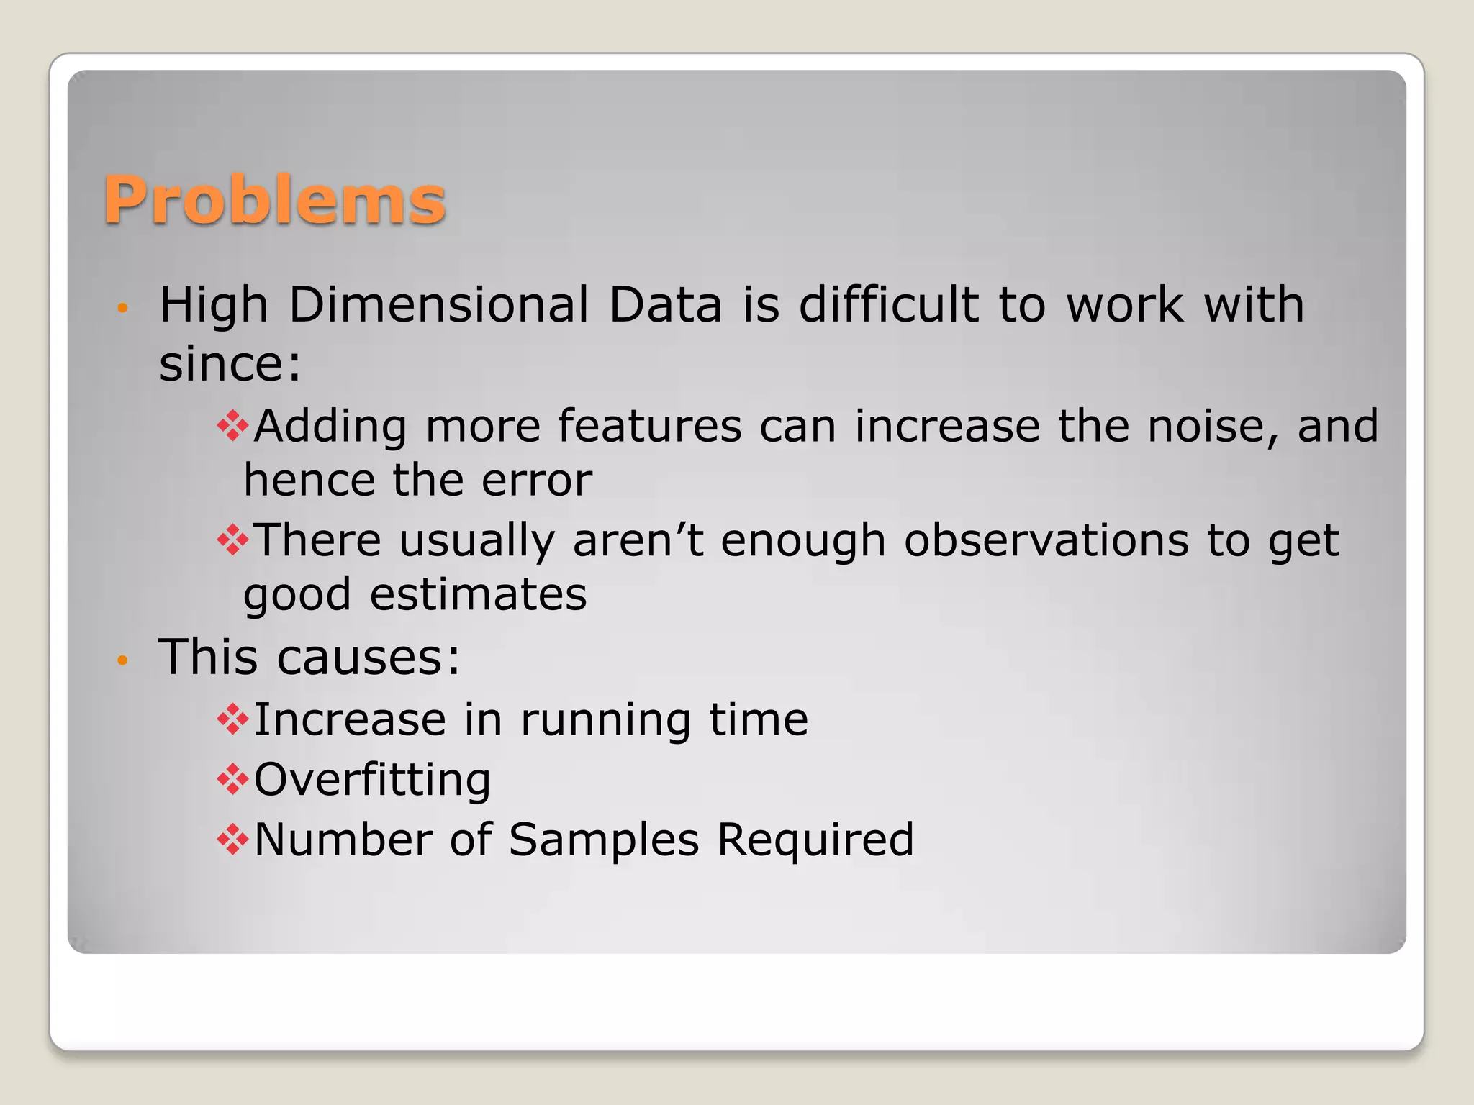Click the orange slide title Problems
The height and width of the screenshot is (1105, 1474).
click(x=275, y=200)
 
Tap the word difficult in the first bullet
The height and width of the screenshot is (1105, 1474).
click(x=889, y=304)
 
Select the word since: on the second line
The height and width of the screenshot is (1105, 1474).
click(x=230, y=363)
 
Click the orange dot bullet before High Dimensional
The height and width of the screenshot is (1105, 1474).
click(x=122, y=309)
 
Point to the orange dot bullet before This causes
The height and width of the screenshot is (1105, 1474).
click(x=122, y=660)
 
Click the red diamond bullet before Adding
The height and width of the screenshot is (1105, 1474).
click(x=232, y=426)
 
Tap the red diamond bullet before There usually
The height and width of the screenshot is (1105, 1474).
click(x=232, y=540)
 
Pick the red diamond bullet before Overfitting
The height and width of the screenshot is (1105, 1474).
click(x=232, y=780)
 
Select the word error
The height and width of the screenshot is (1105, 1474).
click(x=537, y=480)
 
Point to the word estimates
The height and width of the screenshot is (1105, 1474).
click(x=478, y=594)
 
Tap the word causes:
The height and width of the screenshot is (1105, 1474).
click(x=368, y=657)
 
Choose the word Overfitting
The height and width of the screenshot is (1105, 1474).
click(x=372, y=780)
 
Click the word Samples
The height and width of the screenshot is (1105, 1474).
click(x=603, y=840)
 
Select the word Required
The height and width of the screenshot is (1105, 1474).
click(x=815, y=840)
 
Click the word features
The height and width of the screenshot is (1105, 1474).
click(x=649, y=426)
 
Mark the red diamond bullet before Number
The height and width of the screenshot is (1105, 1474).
click(x=232, y=840)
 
